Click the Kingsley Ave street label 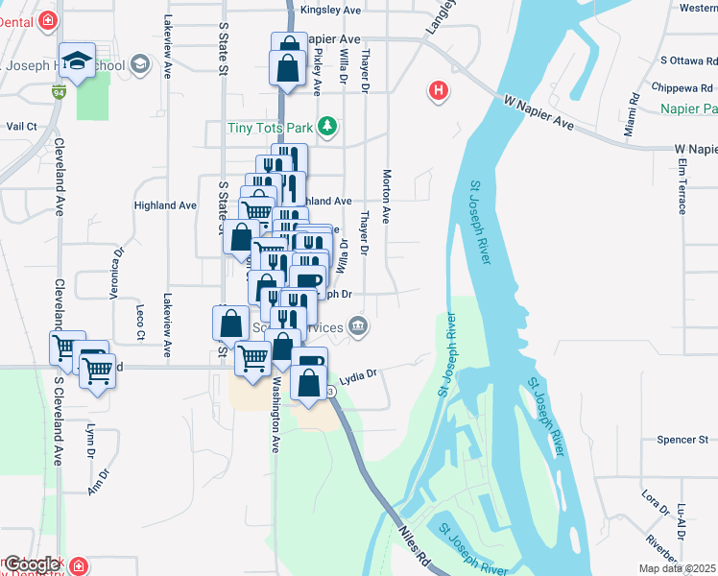pyautogui.click(x=330, y=10)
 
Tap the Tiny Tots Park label pyautogui.click(x=271, y=127)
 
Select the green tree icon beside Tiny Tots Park pyautogui.click(x=328, y=126)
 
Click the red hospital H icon pyautogui.click(x=439, y=92)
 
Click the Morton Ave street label pyautogui.click(x=387, y=197)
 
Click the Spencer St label pyautogui.click(x=682, y=440)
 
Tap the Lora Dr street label pyautogui.click(x=656, y=502)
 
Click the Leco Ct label pyautogui.click(x=140, y=322)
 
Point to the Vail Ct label pyautogui.click(x=20, y=126)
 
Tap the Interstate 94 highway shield pyautogui.click(x=60, y=94)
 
